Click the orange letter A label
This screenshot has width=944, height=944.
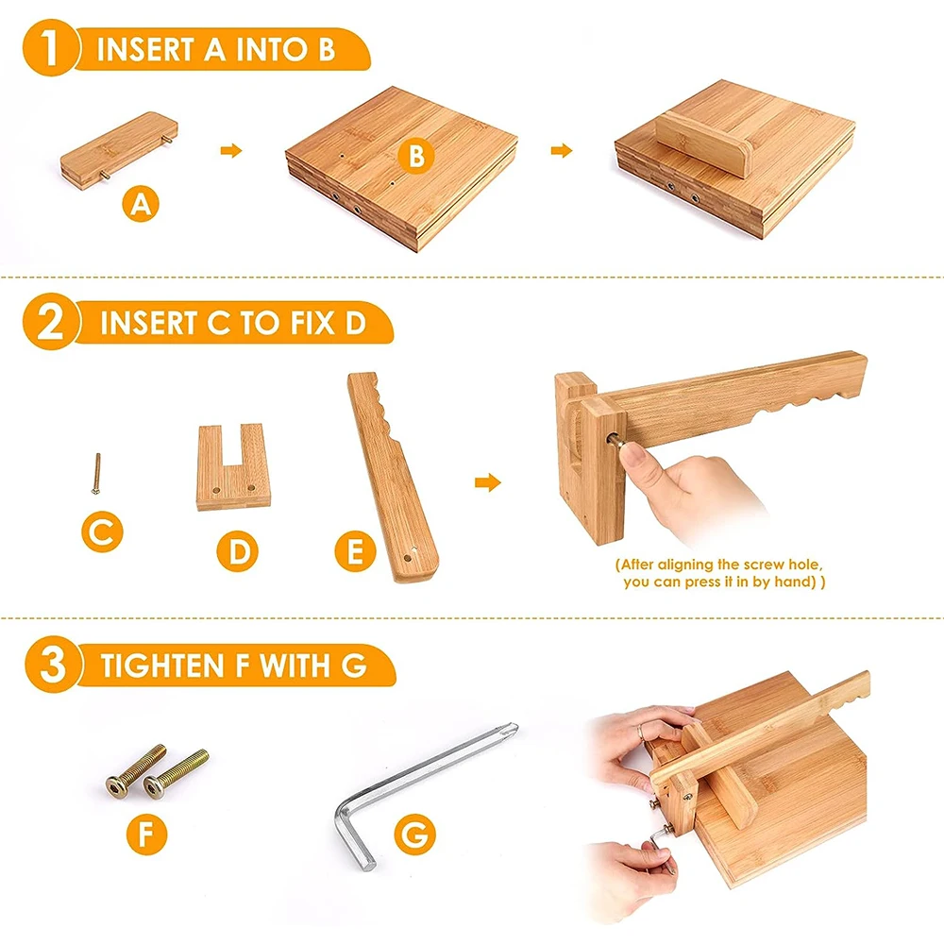point(140,204)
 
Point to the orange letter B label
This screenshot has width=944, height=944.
point(415,157)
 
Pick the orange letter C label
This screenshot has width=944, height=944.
point(101,535)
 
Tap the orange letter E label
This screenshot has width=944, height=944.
point(355,550)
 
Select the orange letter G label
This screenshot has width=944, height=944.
point(416,834)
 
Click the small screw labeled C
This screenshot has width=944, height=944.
point(95,472)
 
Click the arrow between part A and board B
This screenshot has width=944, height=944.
point(230,150)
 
